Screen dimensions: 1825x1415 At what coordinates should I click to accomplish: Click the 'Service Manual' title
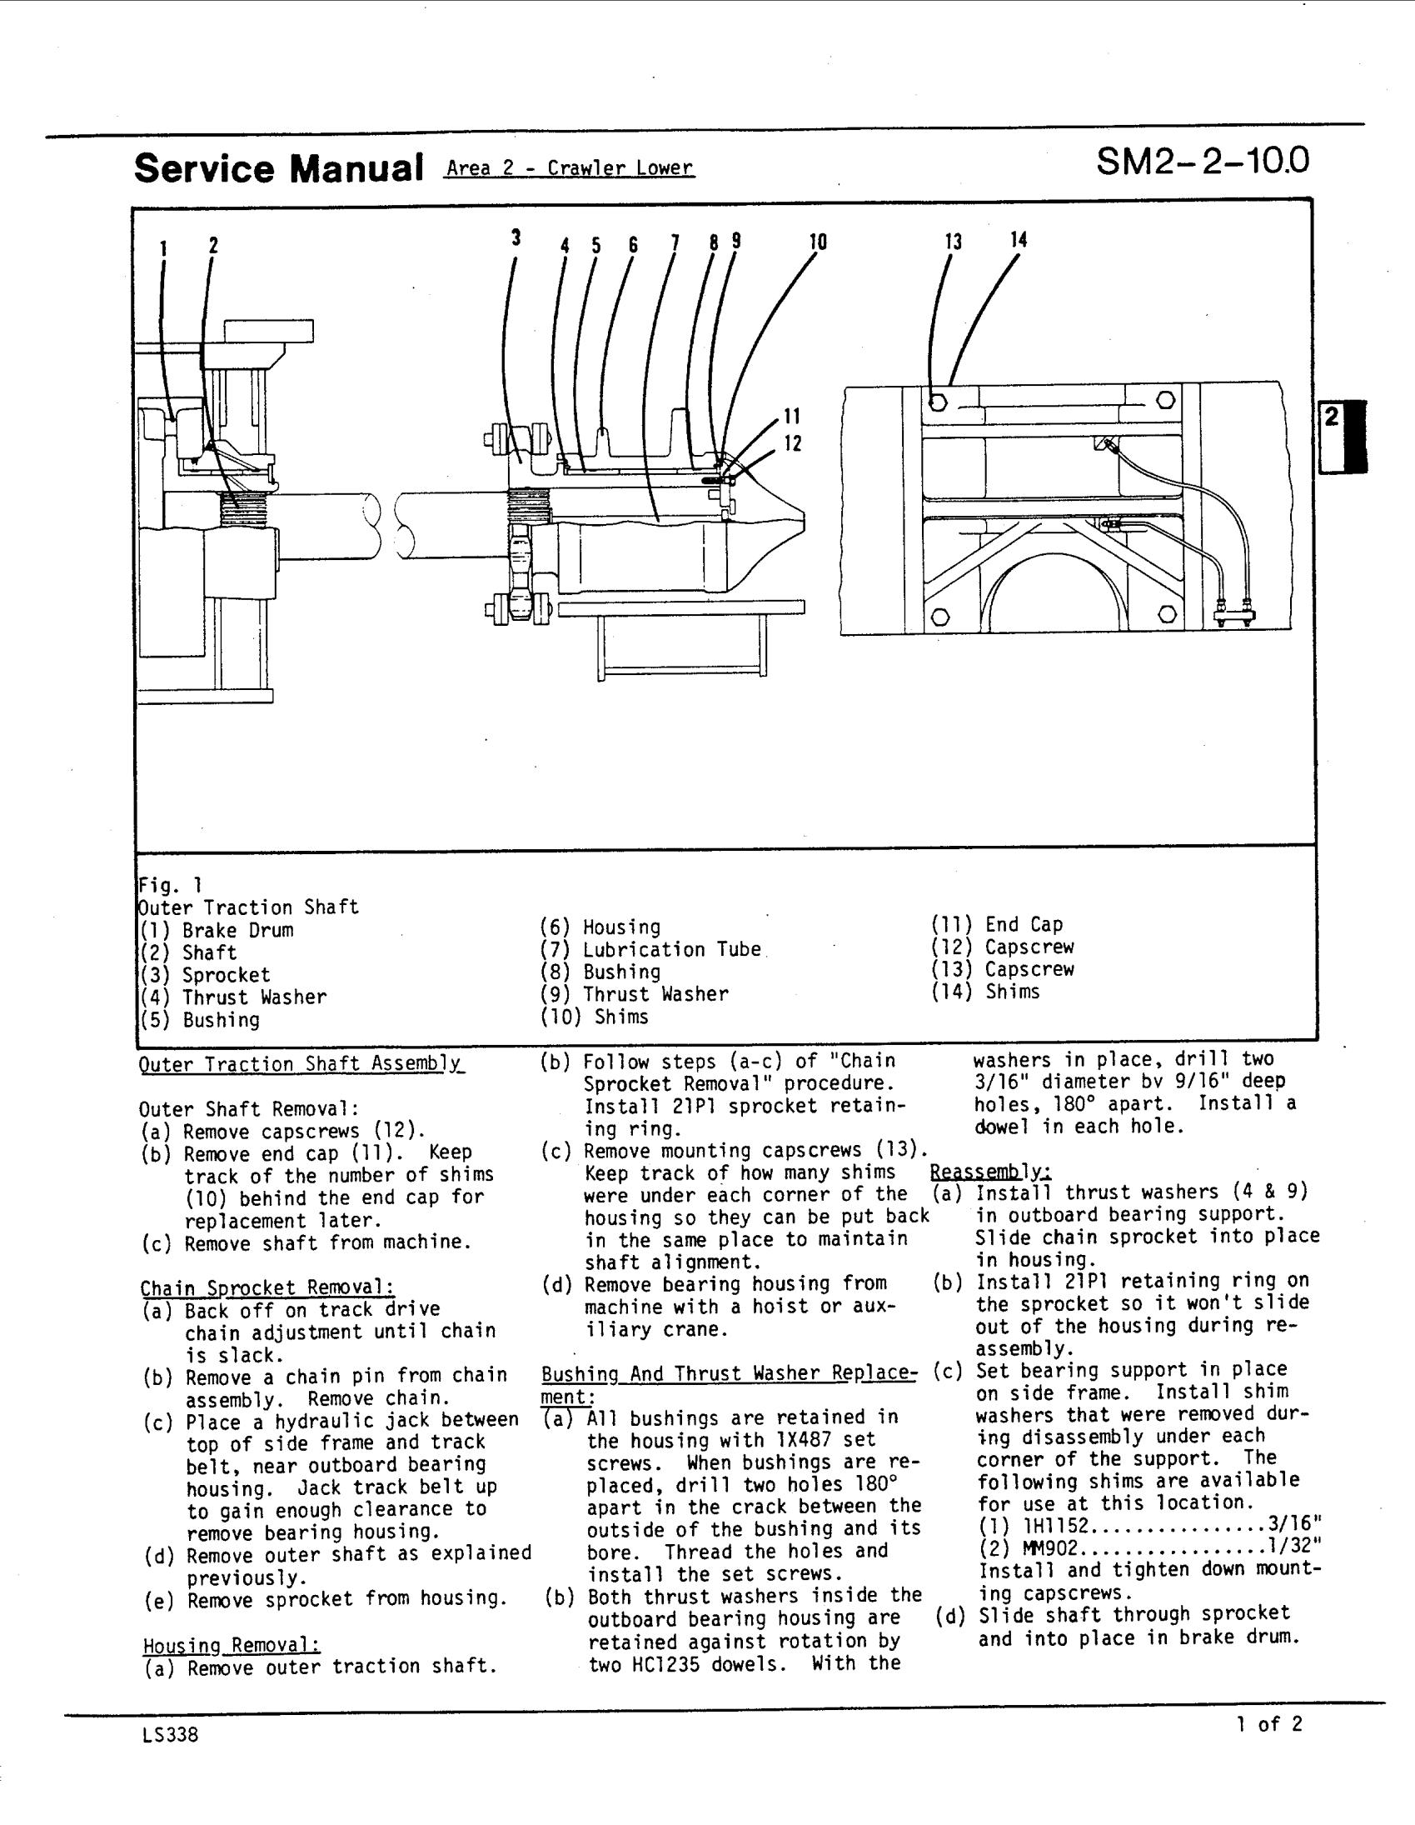(x=278, y=168)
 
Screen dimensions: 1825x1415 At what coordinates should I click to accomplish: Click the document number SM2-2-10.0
(x=1202, y=162)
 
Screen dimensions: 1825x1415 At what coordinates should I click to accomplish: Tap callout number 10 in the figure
(x=818, y=242)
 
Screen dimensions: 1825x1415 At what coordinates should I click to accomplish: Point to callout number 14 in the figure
(x=1019, y=240)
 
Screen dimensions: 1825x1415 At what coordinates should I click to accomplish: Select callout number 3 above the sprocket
(x=516, y=238)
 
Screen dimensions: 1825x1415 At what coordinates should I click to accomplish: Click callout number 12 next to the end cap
(x=793, y=443)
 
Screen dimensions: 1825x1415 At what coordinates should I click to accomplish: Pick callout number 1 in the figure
(x=164, y=248)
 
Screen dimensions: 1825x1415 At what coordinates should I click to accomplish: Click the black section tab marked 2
(x=1343, y=437)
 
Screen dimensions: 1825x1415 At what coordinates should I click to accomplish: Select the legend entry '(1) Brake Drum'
(x=217, y=931)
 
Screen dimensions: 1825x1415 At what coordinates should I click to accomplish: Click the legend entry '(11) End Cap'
(x=998, y=925)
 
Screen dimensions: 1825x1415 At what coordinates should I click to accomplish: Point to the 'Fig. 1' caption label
(x=171, y=885)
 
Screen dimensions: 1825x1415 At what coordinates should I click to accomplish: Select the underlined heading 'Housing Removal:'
(x=232, y=1645)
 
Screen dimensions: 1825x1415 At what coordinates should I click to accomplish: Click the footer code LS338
(x=171, y=1736)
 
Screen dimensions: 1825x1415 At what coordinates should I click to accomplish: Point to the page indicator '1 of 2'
(x=1268, y=1725)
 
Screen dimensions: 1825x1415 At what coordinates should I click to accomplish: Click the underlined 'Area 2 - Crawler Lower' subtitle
(x=570, y=168)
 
